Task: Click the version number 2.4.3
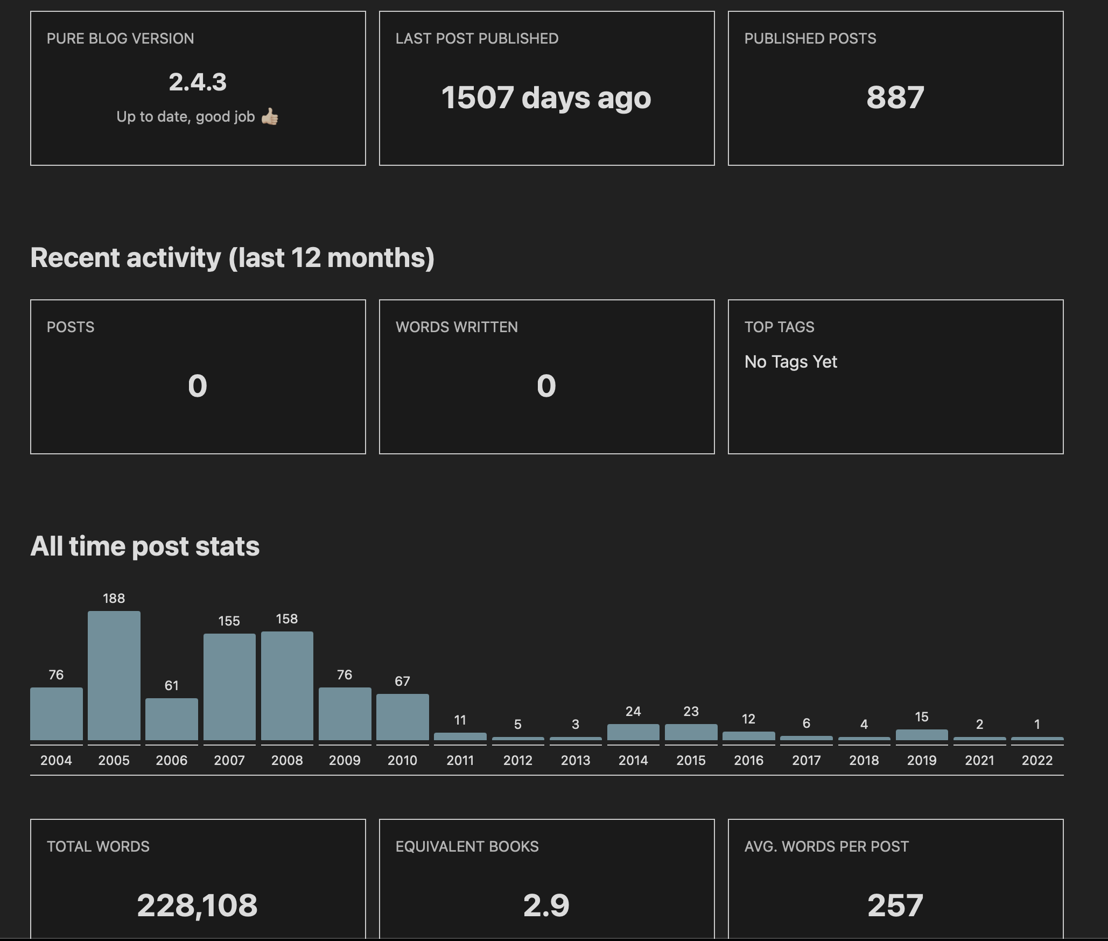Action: pyautogui.click(x=198, y=82)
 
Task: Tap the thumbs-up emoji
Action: pyautogui.click(x=270, y=116)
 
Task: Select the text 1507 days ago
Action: pyautogui.click(x=546, y=98)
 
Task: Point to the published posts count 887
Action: pyautogui.click(x=895, y=98)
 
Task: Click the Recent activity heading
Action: pyautogui.click(x=232, y=257)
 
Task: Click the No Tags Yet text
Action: pyautogui.click(x=790, y=362)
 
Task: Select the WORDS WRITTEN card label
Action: pyautogui.click(x=457, y=327)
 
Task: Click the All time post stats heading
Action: pyautogui.click(x=145, y=546)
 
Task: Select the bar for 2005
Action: pyautogui.click(x=114, y=676)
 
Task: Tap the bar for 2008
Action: pyautogui.click(x=287, y=686)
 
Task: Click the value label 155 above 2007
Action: pyautogui.click(x=229, y=621)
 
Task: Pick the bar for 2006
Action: pyautogui.click(x=172, y=719)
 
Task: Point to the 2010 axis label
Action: pyautogui.click(x=402, y=760)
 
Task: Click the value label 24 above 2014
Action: pyautogui.click(x=633, y=711)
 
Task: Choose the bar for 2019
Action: pyautogui.click(x=921, y=735)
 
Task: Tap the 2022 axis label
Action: pyautogui.click(x=1037, y=760)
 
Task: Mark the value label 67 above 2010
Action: pyautogui.click(x=402, y=681)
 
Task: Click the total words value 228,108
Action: pyautogui.click(x=198, y=905)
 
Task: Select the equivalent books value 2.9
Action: pyautogui.click(x=546, y=905)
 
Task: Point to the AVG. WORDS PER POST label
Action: pyautogui.click(x=826, y=846)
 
